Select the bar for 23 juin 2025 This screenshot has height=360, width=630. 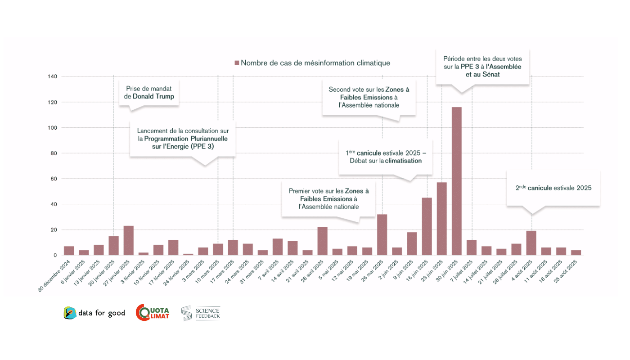[x=441, y=219]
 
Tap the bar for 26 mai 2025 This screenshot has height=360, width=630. [x=382, y=234]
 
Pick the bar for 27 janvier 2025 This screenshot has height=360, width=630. [x=129, y=240]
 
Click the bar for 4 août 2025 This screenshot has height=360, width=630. [x=531, y=243]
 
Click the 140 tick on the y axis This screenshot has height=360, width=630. [x=52, y=76]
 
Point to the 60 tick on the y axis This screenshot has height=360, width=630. [x=54, y=179]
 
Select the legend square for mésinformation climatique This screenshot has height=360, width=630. [x=237, y=63]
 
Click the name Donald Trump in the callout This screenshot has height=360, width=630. [x=153, y=96]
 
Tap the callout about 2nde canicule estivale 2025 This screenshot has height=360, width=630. [x=553, y=188]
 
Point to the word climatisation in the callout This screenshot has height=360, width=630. [x=403, y=161]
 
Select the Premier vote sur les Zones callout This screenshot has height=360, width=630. [x=328, y=198]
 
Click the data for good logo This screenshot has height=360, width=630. [x=94, y=313]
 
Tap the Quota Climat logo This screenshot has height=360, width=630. [x=153, y=313]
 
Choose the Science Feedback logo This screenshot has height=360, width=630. [x=201, y=313]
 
